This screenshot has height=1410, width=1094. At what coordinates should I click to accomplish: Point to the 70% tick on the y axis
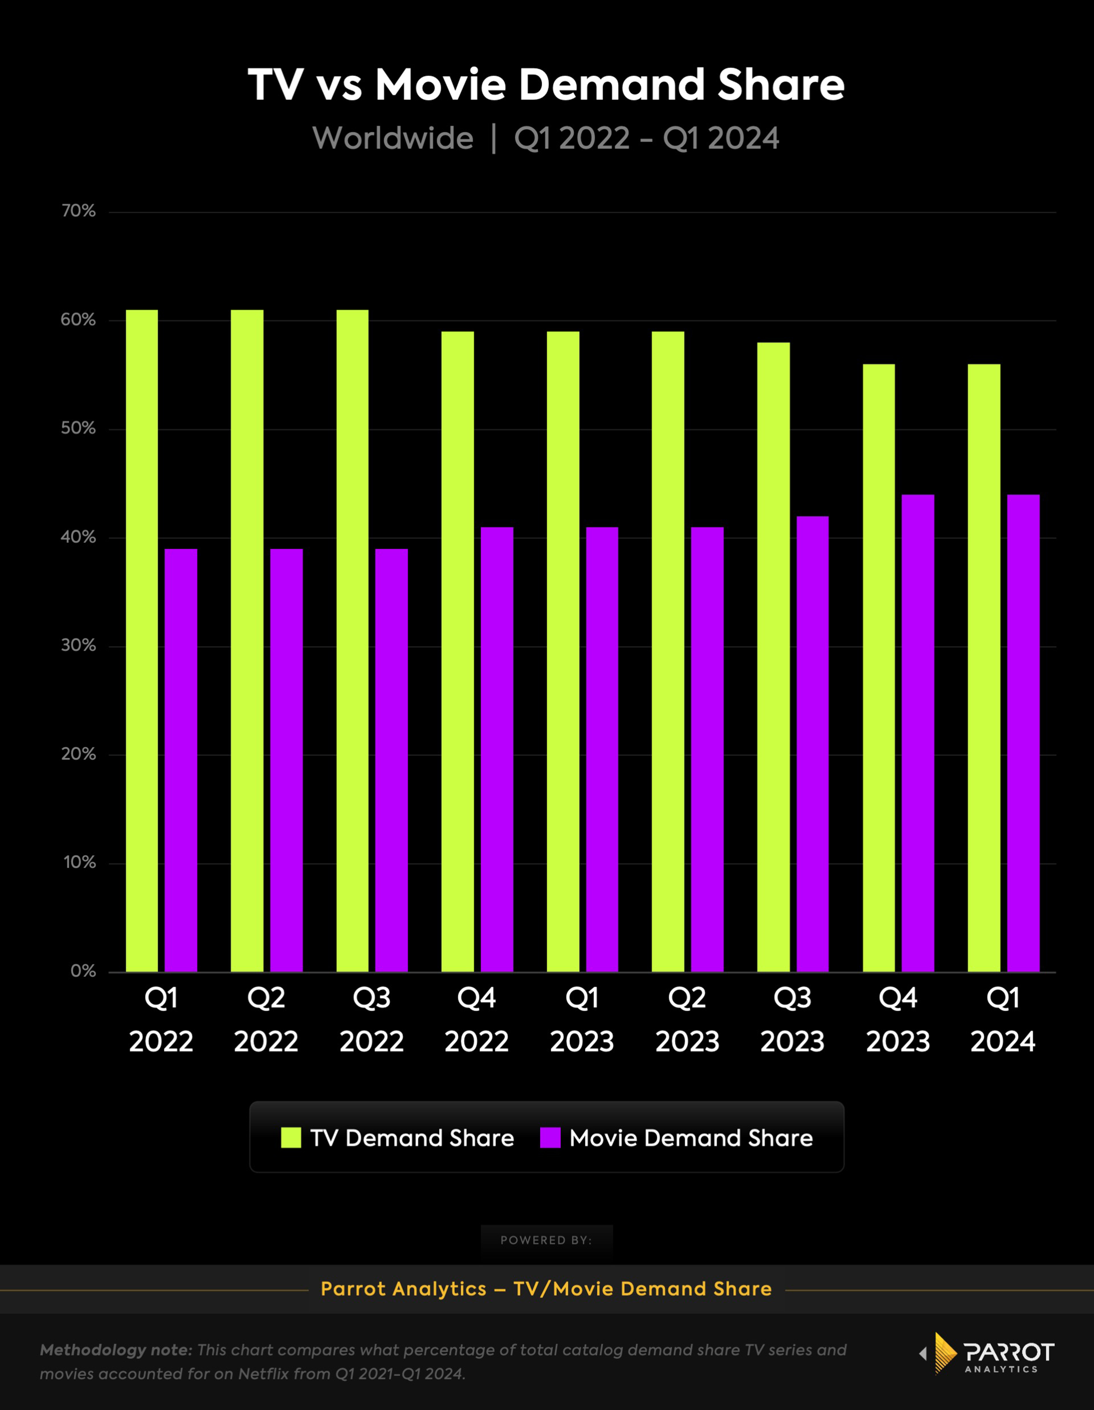click(x=78, y=211)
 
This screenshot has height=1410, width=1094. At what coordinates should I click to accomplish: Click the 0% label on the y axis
click(x=83, y=971)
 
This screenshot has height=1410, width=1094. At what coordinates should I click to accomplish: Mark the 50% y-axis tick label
click(x=78, y=429)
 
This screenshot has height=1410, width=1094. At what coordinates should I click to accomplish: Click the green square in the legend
click(x=291, y=1138)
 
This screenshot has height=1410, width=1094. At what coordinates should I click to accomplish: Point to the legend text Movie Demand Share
click(x=691, y=1138)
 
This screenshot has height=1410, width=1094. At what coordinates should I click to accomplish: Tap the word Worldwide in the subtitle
click(x=393, y=138)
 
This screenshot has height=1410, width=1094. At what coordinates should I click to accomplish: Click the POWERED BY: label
click(x=546, y=1240)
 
